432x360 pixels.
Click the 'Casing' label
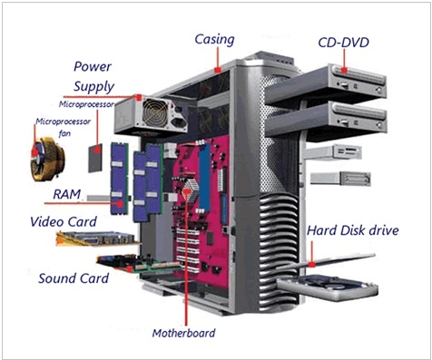(214, 39)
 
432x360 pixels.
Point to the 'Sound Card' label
(74, 277)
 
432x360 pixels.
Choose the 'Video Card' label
(65, 221)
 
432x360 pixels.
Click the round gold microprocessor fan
(45, 154)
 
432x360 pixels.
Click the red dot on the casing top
(217, 69)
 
